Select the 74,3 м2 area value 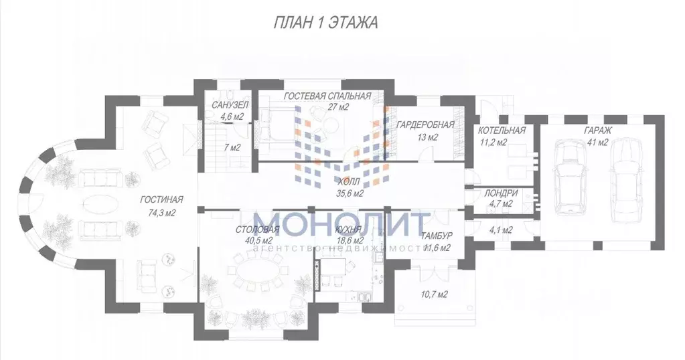(161, 213)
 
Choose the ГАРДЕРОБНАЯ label (425, 124)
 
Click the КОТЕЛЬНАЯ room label (502, 130)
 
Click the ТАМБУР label (437, 236)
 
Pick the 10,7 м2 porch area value (433, 294)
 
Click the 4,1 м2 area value (500, 230)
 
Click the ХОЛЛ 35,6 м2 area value (350, 194)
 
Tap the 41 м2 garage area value (598, 142)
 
